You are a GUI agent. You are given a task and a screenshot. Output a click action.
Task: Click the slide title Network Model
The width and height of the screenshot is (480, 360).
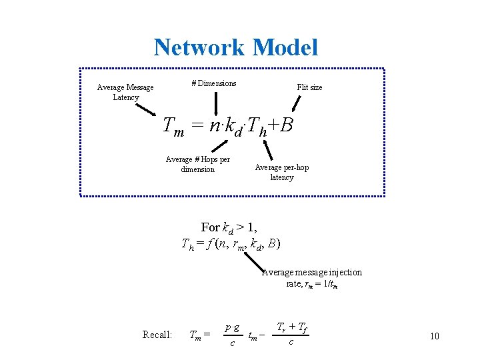pos(235,47)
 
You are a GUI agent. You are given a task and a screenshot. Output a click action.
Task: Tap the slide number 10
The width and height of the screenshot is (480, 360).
pos(435,336)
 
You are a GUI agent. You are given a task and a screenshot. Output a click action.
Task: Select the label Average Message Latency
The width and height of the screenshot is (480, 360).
pos(125,92)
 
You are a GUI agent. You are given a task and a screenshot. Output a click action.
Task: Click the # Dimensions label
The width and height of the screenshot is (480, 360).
pos(214,83)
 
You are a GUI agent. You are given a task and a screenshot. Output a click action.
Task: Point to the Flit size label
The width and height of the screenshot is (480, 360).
pos(309,87)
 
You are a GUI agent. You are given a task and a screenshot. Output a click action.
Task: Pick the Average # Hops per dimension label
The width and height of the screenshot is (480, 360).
pos(197,164)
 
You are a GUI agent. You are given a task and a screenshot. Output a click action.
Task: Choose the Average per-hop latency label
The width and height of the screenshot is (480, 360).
pos(282,172)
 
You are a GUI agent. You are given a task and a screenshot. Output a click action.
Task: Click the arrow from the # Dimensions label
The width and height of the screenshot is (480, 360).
pos(215,103)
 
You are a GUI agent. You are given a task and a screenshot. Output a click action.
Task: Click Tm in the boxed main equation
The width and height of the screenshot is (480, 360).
pos(173,126)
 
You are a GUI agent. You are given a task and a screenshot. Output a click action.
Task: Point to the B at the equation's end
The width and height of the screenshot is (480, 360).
pos(287,125)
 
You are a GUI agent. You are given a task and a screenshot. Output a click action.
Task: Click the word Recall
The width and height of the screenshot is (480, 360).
pos(157,335)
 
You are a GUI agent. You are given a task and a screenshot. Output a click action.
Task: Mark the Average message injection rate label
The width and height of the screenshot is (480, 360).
pos(312,278)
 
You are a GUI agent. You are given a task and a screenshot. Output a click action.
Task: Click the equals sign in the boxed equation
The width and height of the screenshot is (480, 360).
pos(197,125)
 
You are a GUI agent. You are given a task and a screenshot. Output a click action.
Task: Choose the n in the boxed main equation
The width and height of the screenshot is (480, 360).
pos(213,125)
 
